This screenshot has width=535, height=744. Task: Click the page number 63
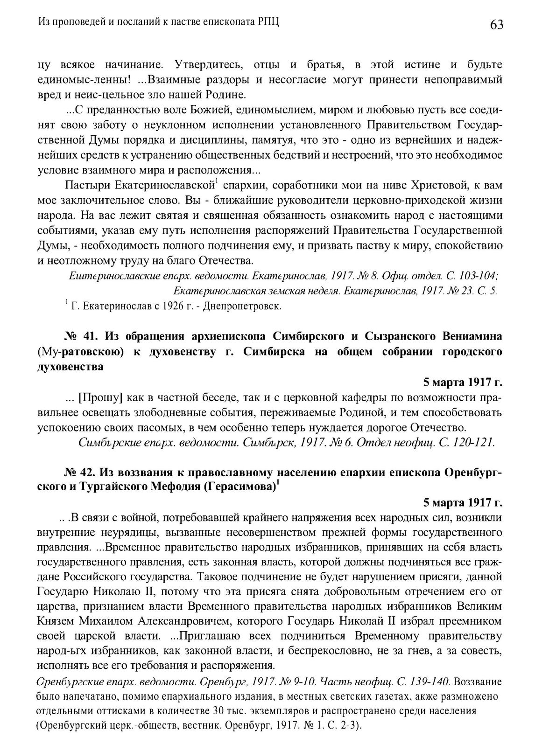496,24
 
